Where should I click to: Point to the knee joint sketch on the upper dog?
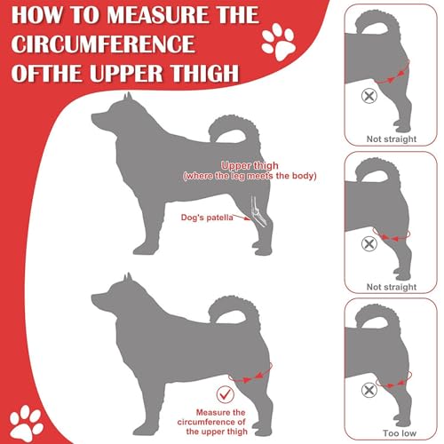(x=258, y=213)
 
